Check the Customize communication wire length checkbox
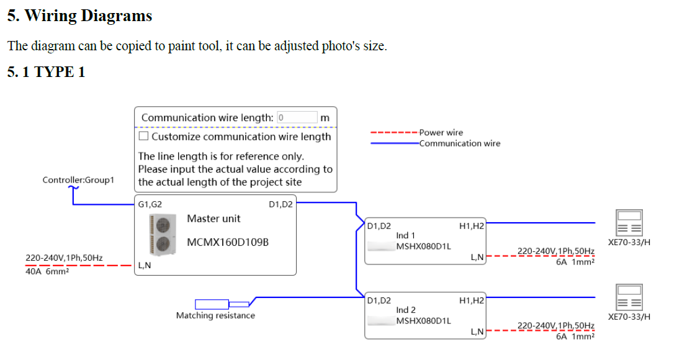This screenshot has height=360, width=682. coord(143,136)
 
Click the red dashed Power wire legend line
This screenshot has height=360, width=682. coord(393,133)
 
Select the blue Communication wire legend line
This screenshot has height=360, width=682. coord(393,143)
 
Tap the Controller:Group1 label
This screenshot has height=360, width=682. coord(78,180)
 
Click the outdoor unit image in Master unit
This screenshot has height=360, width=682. coord(159,235)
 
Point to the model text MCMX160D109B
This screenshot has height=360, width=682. coord(228,241)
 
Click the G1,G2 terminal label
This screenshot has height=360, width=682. coord(150,204)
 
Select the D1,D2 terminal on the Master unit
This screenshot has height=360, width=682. coord(281,204)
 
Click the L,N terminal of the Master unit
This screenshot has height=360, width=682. coord(144,266)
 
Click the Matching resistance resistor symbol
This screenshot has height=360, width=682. coord(212,304)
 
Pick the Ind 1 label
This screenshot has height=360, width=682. coord(406,236)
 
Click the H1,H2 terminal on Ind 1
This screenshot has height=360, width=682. coord(471,227)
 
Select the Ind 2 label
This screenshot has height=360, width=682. coord(406,310)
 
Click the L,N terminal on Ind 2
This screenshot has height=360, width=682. coord(477,331)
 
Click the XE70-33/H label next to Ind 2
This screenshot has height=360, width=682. coord(629,317)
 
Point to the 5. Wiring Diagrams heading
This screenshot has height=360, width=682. coord(79,16)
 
